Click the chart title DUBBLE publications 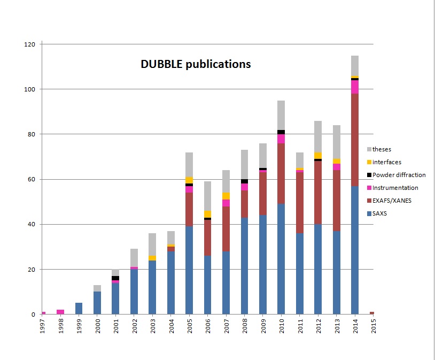pos(196,64)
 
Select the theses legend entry pos(382,149)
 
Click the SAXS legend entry pos(380,213)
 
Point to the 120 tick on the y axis pos(30,44)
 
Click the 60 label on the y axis pos(32,179)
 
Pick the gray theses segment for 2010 pos(281,115)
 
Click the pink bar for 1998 pos(61,312)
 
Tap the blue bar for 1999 pos(79,309)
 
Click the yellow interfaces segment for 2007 pos(226,196)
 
